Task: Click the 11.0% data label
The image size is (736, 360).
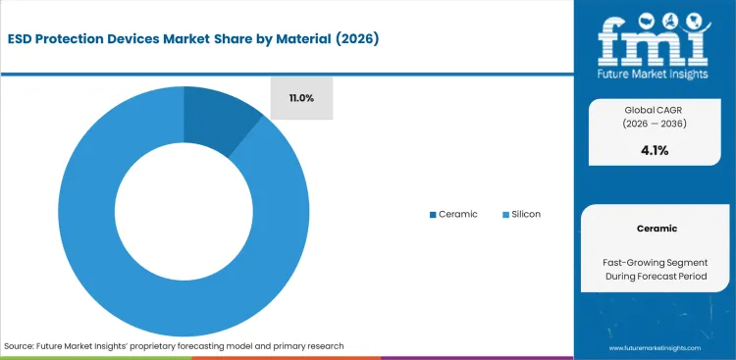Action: (302, 98)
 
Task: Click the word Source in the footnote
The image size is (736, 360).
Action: (21, 346)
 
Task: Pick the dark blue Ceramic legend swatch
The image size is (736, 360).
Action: (433, 214)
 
